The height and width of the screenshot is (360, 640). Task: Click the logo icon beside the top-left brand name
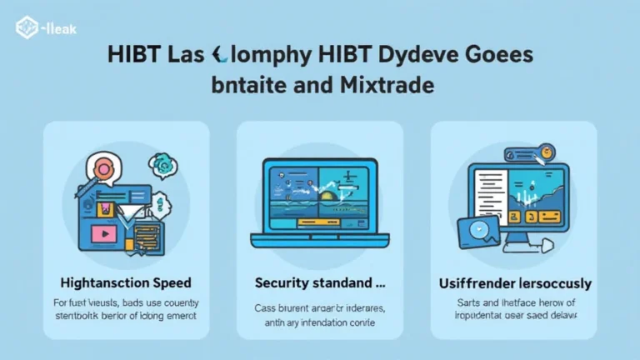click(26, 29)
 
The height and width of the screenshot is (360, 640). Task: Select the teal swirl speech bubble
click(162, 167)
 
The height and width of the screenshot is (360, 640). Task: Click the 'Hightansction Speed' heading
click(126, 283)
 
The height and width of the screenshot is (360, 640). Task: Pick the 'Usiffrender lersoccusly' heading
click(514, 283)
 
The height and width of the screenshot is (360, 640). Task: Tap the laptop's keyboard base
click(320, 242)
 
